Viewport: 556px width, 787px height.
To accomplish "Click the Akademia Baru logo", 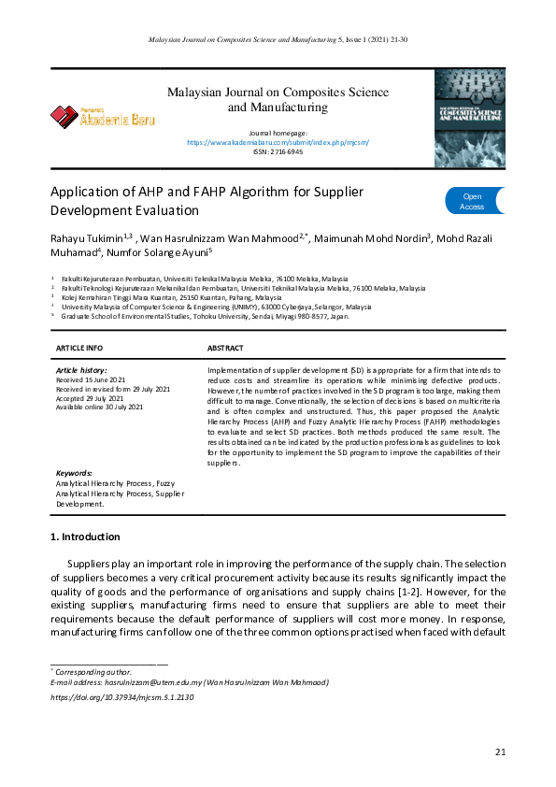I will (x=103, y=117).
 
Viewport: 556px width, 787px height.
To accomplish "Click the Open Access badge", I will (x=472, y=201).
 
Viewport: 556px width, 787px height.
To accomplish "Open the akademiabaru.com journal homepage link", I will (x=278, y=143).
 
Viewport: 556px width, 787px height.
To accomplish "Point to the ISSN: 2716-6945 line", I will (x=278, y=151).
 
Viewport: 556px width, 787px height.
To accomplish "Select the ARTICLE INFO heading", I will (x=80, y=348).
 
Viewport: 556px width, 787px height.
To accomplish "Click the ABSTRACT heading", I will (x=225, y=348).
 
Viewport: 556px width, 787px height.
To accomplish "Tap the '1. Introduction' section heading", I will (x=84, y=537).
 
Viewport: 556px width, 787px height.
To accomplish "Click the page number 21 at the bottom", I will (x=500, y=751).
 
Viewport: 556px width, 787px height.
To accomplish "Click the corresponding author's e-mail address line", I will (x=189, y=683).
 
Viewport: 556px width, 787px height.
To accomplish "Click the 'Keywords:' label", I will (x=75, y=473).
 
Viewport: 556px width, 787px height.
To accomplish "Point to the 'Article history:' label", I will (x=82, y=371).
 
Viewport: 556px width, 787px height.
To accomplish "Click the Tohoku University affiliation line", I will (x=205, y=317).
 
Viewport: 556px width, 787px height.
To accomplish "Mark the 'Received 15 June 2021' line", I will (x=93, y=380).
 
